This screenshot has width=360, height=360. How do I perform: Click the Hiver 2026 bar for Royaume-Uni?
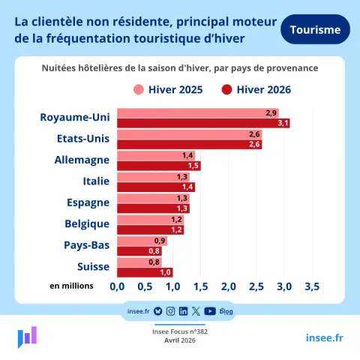tap(203, 123)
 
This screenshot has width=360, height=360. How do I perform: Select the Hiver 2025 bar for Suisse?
tap(139, 262)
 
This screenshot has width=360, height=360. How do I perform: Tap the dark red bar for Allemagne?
tap(159, 166)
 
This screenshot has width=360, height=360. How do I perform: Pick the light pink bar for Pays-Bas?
tap(142, 241)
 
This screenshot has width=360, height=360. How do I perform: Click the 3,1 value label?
tap(283, 123)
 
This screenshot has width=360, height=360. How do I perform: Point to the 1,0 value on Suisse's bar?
tap(166, 272)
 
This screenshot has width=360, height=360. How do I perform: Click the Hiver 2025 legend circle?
tap(139, 90)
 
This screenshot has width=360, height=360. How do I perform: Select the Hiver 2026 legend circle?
tap(226, 90)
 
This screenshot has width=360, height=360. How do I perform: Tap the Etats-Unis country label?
tap(83, 139)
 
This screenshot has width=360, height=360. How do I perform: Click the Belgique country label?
tap(87, 224)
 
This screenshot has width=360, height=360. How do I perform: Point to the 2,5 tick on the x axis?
tap(256, 286)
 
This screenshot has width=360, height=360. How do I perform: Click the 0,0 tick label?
tap(117, 286)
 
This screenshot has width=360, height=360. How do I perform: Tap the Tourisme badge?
tap(315, 29)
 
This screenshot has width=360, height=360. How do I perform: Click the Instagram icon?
tap(170, 311)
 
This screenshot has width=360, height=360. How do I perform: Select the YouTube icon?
tap(210, 311)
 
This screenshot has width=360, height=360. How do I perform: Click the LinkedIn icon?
tap(183, 311)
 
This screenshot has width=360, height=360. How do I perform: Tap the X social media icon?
tap(196, 311)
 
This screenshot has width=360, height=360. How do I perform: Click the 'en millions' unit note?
tap(71, 286)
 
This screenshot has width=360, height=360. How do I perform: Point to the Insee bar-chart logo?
tap(27, 337)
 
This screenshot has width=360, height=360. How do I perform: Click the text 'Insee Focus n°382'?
tap(180, 331)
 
